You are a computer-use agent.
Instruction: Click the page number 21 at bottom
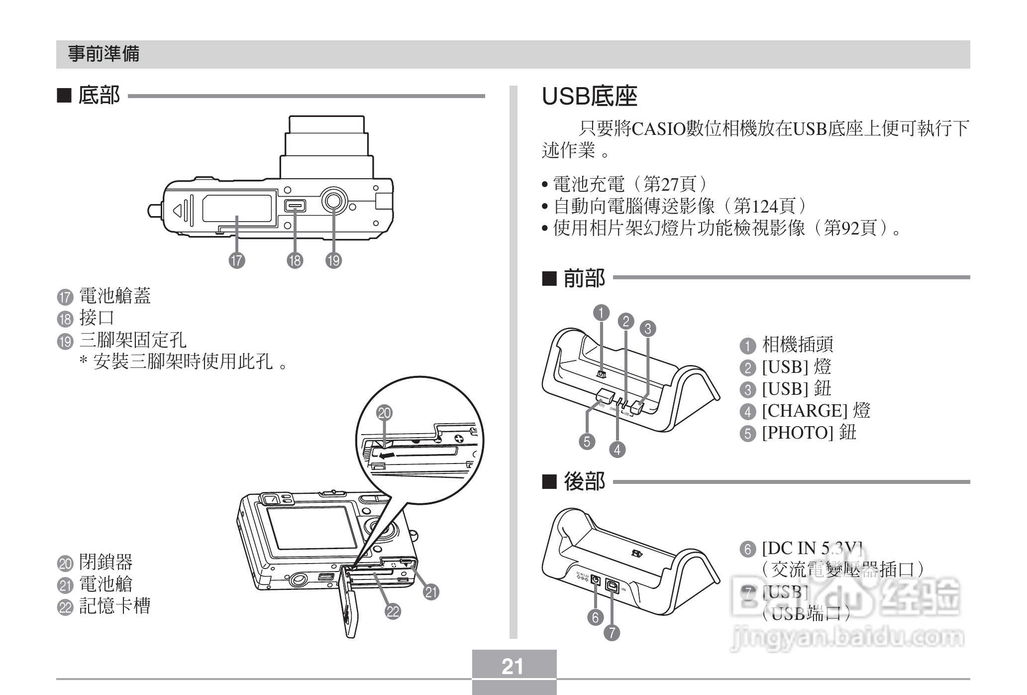pyautogui.click(x=513, y=666)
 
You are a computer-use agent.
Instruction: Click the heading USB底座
pyautogui.click(x=589, y=97)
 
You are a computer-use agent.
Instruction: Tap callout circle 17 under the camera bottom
pyautogui.click(x=237, y=260)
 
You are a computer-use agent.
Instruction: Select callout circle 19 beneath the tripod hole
pyautogui.click(x=333, y=260)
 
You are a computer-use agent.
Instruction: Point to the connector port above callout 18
pyautogui.click(x=295, y=206)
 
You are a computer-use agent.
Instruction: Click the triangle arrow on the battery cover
pyautogui.click(x=178, y=210)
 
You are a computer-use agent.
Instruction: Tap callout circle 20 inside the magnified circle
pyautogui.click(x=384, y=413)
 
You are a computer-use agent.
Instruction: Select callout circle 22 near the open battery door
pyautogui.click(x=393, y=611)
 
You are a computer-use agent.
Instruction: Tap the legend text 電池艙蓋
pyautogui.click(x=115, y=296)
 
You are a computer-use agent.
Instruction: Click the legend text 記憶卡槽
pyautogui.click(x=114, y=606)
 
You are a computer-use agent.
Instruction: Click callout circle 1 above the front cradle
pyautogui.click(x=602, y=313)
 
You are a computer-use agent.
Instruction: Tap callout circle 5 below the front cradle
pyautogui.click(x=587, y=441)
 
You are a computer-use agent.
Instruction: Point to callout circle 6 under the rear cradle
pyautogui.click(x=595, y=617)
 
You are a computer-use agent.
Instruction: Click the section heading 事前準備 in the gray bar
pyautogui.click(x=103, y=54)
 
